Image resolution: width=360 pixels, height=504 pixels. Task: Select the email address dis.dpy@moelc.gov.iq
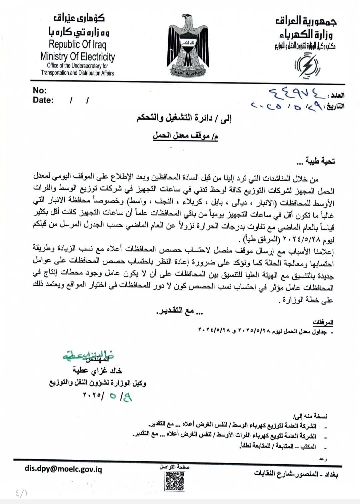click(x=63, y=469)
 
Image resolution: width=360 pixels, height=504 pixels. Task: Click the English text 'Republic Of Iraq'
click(x=77, y=44)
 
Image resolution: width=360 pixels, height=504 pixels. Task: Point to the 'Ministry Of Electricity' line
click(x=77, y=57)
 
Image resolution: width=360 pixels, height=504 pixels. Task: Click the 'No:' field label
click(x=40, y=90)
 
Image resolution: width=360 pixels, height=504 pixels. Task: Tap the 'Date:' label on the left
click(x=43, y=100)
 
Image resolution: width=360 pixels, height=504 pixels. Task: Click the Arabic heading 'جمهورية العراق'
click(x=306, y=21)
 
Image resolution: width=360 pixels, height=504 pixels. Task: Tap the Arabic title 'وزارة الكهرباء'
click(x=306, y=34)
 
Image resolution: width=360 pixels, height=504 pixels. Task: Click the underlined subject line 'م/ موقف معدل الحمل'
click(x=185, y=136)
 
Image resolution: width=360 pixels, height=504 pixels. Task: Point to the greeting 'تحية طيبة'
click(x=315, y=161)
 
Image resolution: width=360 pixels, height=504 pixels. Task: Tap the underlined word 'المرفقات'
click(x=323, y=322)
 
